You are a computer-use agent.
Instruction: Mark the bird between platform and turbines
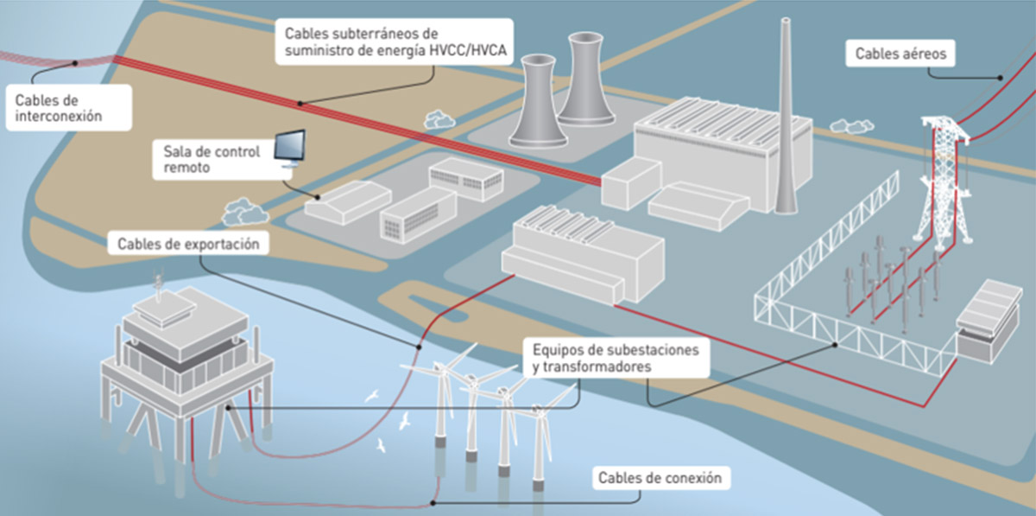point(373,397)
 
